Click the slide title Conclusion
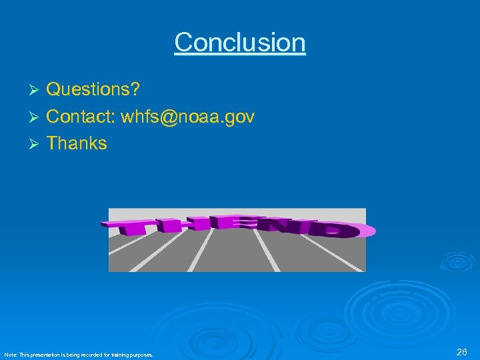click(240, 43)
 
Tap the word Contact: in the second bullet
click(81, 117)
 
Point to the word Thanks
click(77, 143)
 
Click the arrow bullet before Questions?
click(36, 90)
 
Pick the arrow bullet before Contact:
click(36, 118)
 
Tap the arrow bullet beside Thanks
click(36, 144)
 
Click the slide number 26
click(461, 352)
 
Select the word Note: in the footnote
click(10, 355)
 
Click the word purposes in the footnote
click(142, 355)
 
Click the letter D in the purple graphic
click(340, 231)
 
